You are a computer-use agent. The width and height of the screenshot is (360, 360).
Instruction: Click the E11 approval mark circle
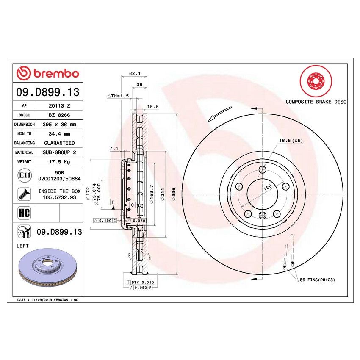tap(24, 175)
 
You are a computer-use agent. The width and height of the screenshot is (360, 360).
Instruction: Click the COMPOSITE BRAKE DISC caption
tap(316, 102)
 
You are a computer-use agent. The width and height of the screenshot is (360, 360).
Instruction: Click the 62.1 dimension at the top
tap(135, 73)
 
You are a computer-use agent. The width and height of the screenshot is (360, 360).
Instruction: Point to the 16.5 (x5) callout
tap(291, 140)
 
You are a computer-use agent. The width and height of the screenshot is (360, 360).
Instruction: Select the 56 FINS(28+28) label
tap(317, 280)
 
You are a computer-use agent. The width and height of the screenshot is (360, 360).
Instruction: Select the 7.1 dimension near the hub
tap(113, 148)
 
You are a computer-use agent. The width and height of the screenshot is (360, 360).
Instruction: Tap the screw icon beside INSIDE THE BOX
tap(24, 194)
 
